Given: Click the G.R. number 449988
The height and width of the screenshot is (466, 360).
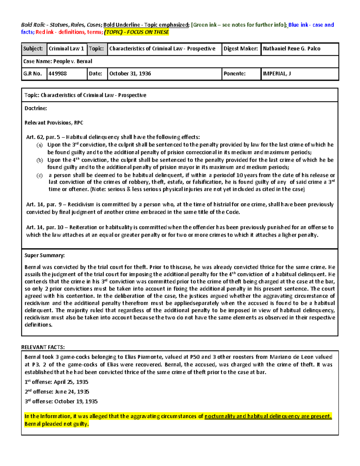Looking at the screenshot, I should pos(58,74).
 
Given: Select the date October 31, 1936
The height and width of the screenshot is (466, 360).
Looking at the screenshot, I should pos(130,74).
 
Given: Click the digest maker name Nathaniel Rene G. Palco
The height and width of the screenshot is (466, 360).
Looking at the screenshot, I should pos(291,49).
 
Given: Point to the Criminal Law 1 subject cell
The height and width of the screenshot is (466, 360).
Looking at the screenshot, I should pos(66,49).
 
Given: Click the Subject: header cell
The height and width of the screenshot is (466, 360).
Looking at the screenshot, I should pos(33,49).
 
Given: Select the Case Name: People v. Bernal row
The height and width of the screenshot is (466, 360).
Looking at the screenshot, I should pos(58,61).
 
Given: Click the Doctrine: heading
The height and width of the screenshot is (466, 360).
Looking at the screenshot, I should pos(36,108).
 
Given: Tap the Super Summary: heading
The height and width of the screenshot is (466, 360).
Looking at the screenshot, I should pos(44,255).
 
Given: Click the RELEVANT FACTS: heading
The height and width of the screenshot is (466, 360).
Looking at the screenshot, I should pos(43,347).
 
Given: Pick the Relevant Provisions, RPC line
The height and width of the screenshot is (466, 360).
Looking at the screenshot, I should pos(54,123).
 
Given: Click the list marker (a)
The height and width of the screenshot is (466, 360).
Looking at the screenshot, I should pos(40,145).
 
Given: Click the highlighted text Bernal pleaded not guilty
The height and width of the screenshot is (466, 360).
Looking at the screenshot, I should pos(57,424).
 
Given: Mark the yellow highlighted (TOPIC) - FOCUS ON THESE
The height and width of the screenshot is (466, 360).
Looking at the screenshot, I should pos(136,32).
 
